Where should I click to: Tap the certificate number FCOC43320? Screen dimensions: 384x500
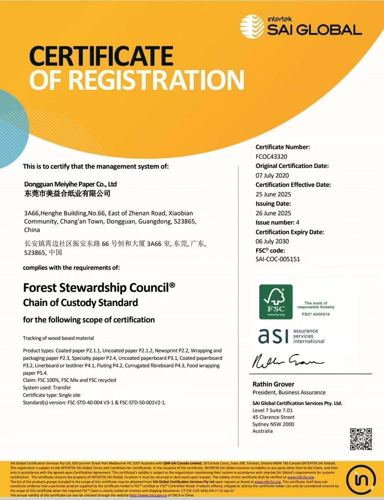click(x=272, y=156)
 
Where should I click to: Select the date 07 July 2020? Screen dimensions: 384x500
click(x=272, y=175)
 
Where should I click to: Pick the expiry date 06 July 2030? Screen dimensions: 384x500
click(x=273, y=241)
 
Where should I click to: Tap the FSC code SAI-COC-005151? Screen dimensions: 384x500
click(x=278, y=259)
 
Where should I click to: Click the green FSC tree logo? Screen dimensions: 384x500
click(x=276, y=301)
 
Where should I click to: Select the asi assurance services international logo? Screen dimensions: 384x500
click(x=291, y=336)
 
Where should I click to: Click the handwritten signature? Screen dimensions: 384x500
click(x=287, y=360)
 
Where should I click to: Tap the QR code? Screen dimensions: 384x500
click(x=361, y=438)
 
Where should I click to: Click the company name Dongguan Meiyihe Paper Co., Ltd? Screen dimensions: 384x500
click(x=70, y=184)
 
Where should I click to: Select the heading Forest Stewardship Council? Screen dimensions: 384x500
click(x=99, y=287)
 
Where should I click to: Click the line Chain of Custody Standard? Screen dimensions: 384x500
click(x=80, y=302)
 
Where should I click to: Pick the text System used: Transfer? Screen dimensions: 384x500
click(x=47, y=387)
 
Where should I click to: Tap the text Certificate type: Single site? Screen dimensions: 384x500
click(x=51, y=395)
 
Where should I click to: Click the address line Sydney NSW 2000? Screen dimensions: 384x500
click(x=273, y=424)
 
